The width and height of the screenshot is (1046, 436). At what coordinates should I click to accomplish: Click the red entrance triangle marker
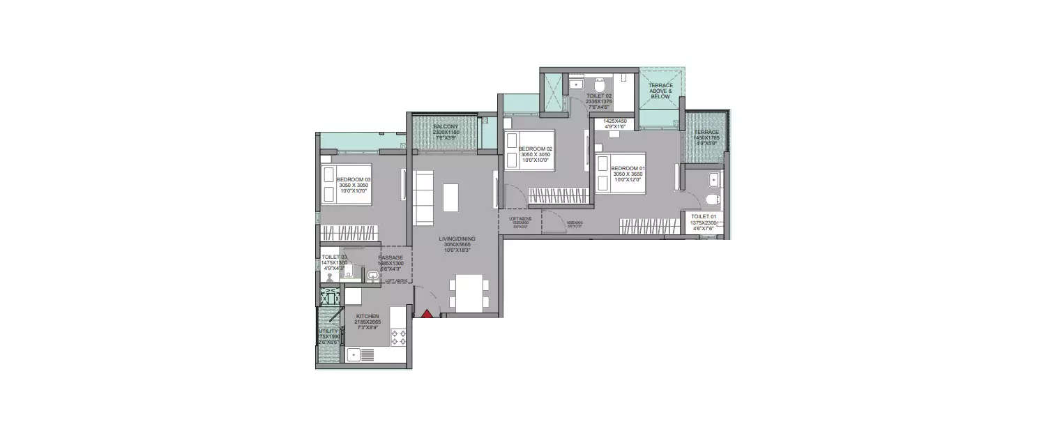426,313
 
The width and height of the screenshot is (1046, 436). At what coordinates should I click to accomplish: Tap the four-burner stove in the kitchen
398,338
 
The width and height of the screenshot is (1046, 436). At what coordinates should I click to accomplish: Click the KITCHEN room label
367,316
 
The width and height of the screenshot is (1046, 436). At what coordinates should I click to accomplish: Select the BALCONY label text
444,126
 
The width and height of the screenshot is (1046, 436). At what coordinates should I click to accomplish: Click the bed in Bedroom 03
346,183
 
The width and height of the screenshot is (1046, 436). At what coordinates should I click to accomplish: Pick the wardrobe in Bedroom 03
349,233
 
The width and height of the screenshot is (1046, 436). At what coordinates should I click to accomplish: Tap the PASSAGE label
391,257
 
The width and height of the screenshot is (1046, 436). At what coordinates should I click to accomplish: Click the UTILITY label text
328,331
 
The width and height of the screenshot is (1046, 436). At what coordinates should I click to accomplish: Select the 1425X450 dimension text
615,121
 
